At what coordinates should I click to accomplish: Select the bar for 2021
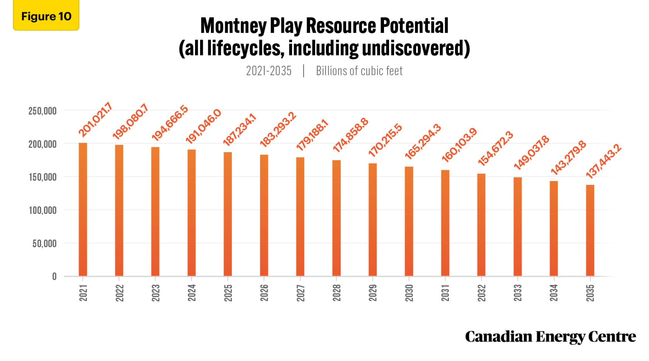[83, 209]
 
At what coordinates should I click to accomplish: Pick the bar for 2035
[590, 230]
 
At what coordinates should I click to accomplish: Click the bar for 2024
[192, 213]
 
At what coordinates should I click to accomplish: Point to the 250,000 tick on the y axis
[42, 111]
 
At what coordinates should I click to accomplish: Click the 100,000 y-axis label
[42, 210]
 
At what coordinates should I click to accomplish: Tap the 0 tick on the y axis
[54, 277]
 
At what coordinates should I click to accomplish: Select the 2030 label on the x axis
[409, 293]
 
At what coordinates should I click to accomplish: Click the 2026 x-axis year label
[264, 293]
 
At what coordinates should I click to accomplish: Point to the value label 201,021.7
[95, 120]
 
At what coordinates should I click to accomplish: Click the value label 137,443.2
[603, 161]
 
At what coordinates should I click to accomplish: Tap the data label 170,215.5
[385, 140]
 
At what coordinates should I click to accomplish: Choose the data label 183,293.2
[278, 129]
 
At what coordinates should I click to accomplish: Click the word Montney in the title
[233, 26]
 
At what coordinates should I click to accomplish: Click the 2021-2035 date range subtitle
[269, 71]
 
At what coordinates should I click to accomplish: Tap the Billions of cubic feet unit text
[359, 71]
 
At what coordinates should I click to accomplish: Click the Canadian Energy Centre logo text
[550, 337]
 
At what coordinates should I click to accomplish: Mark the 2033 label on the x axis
[518, 293]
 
